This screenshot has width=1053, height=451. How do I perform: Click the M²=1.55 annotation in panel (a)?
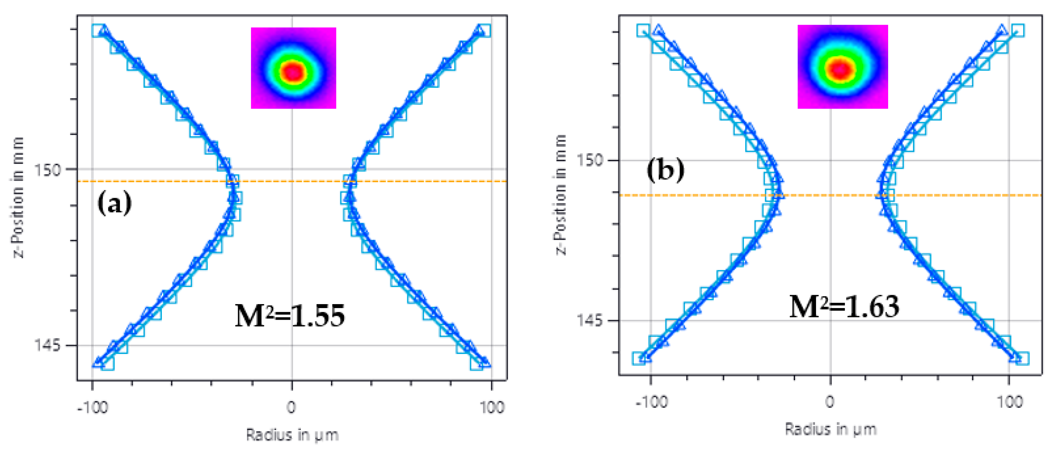coord(290,316)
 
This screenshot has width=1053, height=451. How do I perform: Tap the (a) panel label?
coord(114,202)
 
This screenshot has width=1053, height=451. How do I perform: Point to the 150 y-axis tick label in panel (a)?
coord(47,169)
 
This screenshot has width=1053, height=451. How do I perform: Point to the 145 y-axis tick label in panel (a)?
coord(47,346)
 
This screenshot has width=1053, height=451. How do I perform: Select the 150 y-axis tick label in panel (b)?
coord(589,160)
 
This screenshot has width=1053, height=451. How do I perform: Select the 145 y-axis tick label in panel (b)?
coord(589,320)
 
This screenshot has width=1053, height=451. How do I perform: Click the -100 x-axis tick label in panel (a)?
coord(92,407)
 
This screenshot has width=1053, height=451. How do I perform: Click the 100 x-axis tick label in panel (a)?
coord(492,407)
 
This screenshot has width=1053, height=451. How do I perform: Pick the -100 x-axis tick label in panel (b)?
coord(651,402)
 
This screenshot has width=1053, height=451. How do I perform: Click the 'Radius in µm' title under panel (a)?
coord(292,435)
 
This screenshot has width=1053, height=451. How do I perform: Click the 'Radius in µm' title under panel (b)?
coord(831,429)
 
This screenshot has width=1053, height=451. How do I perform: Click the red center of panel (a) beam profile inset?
coord(293,73)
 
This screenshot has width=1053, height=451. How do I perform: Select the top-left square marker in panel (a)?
coord(98,31)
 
